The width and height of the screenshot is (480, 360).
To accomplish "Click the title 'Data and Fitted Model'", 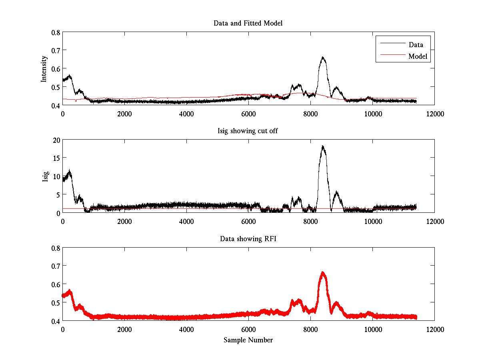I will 248,23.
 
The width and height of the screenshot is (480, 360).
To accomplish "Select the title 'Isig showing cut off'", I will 248,131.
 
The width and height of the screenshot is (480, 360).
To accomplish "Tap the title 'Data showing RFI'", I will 248,239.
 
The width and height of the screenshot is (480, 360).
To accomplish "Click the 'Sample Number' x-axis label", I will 248,340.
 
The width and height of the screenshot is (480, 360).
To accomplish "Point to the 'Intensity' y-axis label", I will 45,69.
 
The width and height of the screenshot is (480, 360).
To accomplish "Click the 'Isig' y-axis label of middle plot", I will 45,176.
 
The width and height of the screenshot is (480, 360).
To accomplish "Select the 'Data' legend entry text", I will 416,44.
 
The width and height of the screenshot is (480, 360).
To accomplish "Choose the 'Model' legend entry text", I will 418,56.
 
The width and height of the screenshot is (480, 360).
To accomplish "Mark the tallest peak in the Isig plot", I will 322,146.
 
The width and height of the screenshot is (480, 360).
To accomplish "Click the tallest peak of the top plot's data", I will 323,58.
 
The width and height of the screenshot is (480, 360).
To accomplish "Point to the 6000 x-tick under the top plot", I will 248,114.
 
